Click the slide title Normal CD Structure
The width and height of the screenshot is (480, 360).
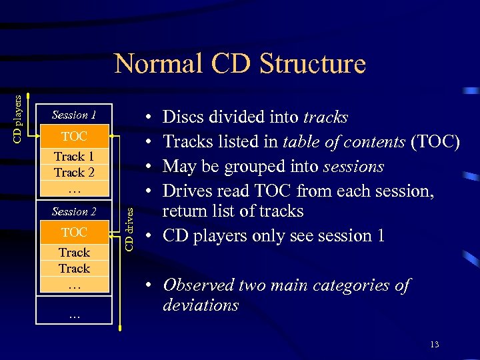tap(240, 64)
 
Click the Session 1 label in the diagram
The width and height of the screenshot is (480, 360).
tap(74, 115)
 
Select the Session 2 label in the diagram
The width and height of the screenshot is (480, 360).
tap(74, 211)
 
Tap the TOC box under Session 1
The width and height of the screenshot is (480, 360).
tap(74, 136)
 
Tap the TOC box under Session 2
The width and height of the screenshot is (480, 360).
tap(74, 232)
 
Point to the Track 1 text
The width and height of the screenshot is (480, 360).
tap(74, 157)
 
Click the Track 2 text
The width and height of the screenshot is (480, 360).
tap(74, 173)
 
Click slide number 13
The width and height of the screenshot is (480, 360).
tap(435, 344)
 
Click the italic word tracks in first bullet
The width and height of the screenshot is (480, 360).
tap(325, 117)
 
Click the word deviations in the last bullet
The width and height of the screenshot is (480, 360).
tap(201, 305)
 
